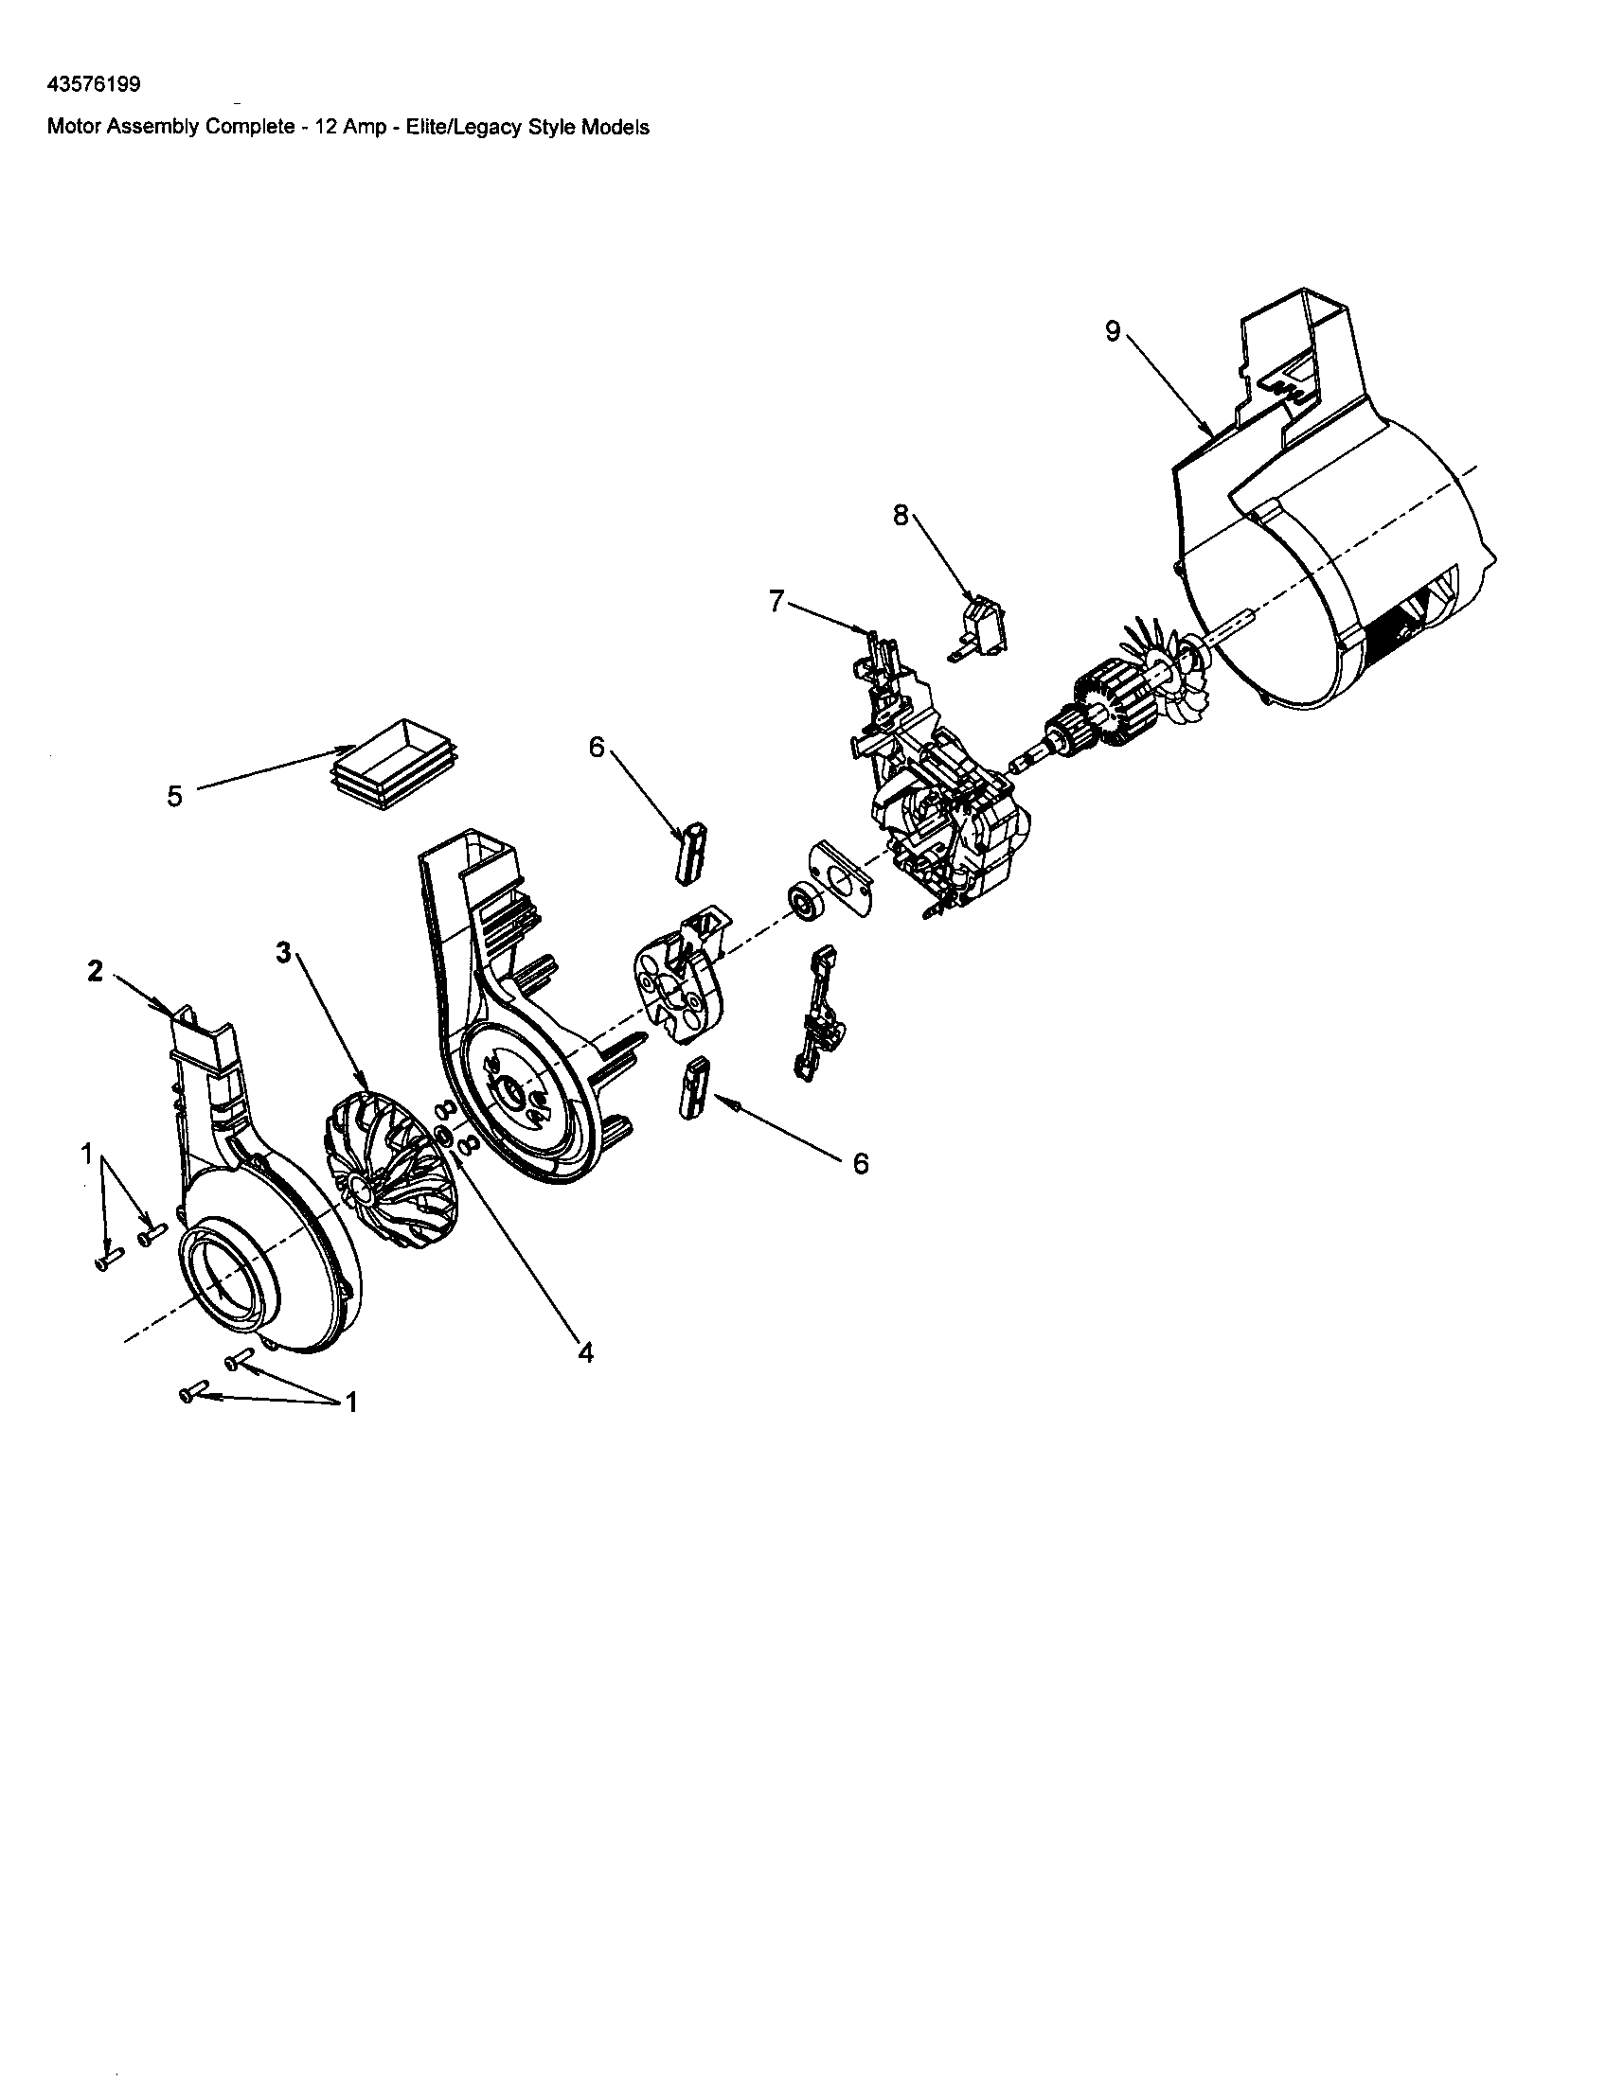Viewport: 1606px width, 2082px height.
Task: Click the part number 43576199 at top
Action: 94,84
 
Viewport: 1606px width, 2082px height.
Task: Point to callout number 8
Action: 901,515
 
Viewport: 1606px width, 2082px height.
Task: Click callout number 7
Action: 776,602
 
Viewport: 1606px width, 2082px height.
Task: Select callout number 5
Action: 174,796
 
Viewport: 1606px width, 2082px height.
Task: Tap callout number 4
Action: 585,1351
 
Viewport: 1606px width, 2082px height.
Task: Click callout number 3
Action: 283,951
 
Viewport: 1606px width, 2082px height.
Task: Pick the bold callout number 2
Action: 96,972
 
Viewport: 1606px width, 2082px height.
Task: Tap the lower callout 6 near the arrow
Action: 860,1163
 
